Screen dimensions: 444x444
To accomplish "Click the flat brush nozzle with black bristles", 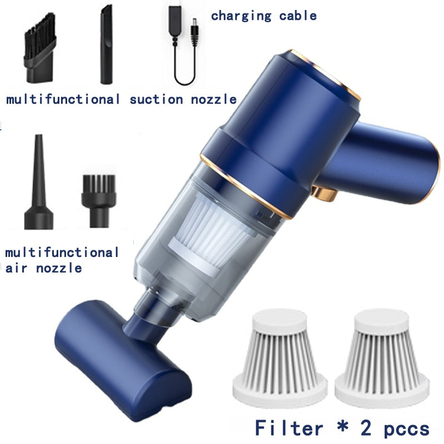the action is point(39,48).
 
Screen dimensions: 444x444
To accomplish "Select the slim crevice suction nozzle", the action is point(107,45).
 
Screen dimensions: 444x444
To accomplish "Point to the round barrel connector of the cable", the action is point(194,31).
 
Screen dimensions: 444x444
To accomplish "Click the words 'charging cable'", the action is point(264,16).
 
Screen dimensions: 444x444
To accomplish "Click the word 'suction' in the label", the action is point(157,99).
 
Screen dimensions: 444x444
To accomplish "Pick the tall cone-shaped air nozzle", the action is point(39,182).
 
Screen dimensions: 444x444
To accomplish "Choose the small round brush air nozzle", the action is point(99,201).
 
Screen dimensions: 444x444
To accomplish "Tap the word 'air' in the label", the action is point(16,268).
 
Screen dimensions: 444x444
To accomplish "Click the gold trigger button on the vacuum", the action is point(325,194).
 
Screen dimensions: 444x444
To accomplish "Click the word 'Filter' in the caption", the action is point(289,427).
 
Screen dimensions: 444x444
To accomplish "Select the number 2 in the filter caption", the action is point(366,428).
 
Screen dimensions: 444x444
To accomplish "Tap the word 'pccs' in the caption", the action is point(406,430).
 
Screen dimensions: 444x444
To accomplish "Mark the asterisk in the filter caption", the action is point(342,426).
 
